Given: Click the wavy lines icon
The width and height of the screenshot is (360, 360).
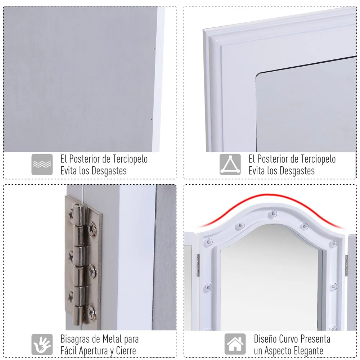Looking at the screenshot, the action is (42, 165).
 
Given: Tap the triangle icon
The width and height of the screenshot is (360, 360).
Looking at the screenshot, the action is (230, 165).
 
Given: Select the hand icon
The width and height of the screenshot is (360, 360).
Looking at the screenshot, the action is (42, 344).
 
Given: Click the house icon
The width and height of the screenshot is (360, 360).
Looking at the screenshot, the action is (235, 344).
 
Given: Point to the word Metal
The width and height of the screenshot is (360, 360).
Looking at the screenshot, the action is (112, 339).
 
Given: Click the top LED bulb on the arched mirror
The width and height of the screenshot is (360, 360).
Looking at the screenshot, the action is (273, 214).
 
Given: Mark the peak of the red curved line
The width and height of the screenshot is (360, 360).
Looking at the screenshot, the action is (271, 194).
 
